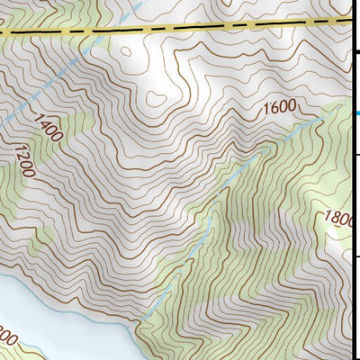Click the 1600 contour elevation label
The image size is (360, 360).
[x=279, y=109]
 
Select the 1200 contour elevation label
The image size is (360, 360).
[x=23, y=163]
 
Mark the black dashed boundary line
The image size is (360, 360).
[x=180, y=27]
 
